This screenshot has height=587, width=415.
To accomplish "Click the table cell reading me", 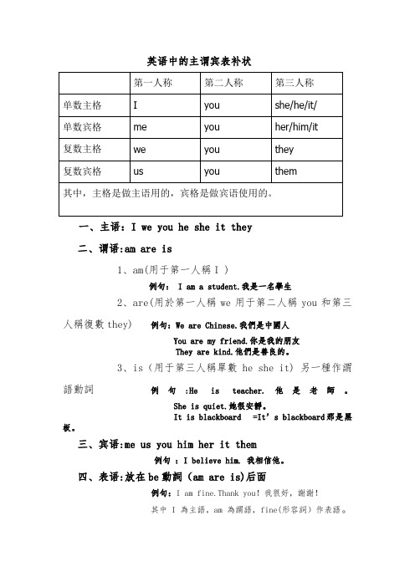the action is pos(141,127).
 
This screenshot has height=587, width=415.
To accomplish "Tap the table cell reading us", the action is pos(139,171).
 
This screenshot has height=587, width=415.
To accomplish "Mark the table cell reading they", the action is pos(284,149).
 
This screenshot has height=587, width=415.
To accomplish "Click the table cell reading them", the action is pos(286,171).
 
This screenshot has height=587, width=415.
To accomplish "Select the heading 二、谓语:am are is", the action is pos(125,248).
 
